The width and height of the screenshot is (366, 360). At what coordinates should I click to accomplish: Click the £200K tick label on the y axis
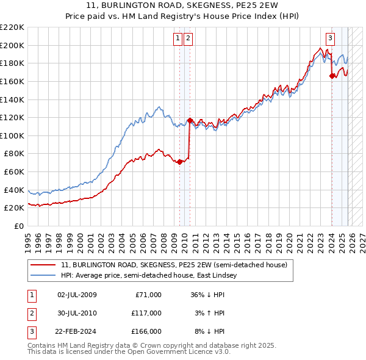pyautogui.click(x=12, y=45)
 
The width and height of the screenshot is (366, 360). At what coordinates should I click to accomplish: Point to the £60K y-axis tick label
pyautogui.click(x=13, y=172)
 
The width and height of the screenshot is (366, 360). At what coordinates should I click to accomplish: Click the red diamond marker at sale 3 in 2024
pyautogui.click(x=332, y=76)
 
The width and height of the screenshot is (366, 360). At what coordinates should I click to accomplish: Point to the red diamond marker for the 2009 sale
pyautogui.click(x=180, y=162)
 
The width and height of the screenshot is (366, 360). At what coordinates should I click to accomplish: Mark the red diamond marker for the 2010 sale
pyautogui.click(x=190, y=121)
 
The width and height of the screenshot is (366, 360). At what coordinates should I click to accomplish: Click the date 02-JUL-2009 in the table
pyautogui.click(x=77, y=295)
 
